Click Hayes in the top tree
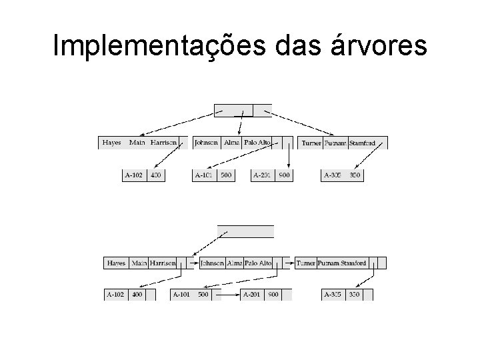click(x=111, y=143)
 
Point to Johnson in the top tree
click(x=206, y=143)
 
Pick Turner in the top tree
click(x=311, y=143)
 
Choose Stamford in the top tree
click(x=362, y=143)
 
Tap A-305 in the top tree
click(x=333, y=175)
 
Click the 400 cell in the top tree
click(x=156, y=175)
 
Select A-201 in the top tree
click(x=263, y=175)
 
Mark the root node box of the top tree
click(x=243, y=109)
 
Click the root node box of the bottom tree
click(x=246, y=231)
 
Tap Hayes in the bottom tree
click(x=117, y=263)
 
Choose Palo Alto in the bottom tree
click(x=259, y=263)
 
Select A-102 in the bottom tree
click(x=115, y=294)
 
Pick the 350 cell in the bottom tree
click(x=354, y=294)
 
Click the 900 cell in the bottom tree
click(x=273, y=294)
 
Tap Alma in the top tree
click(x=231, y=143)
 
